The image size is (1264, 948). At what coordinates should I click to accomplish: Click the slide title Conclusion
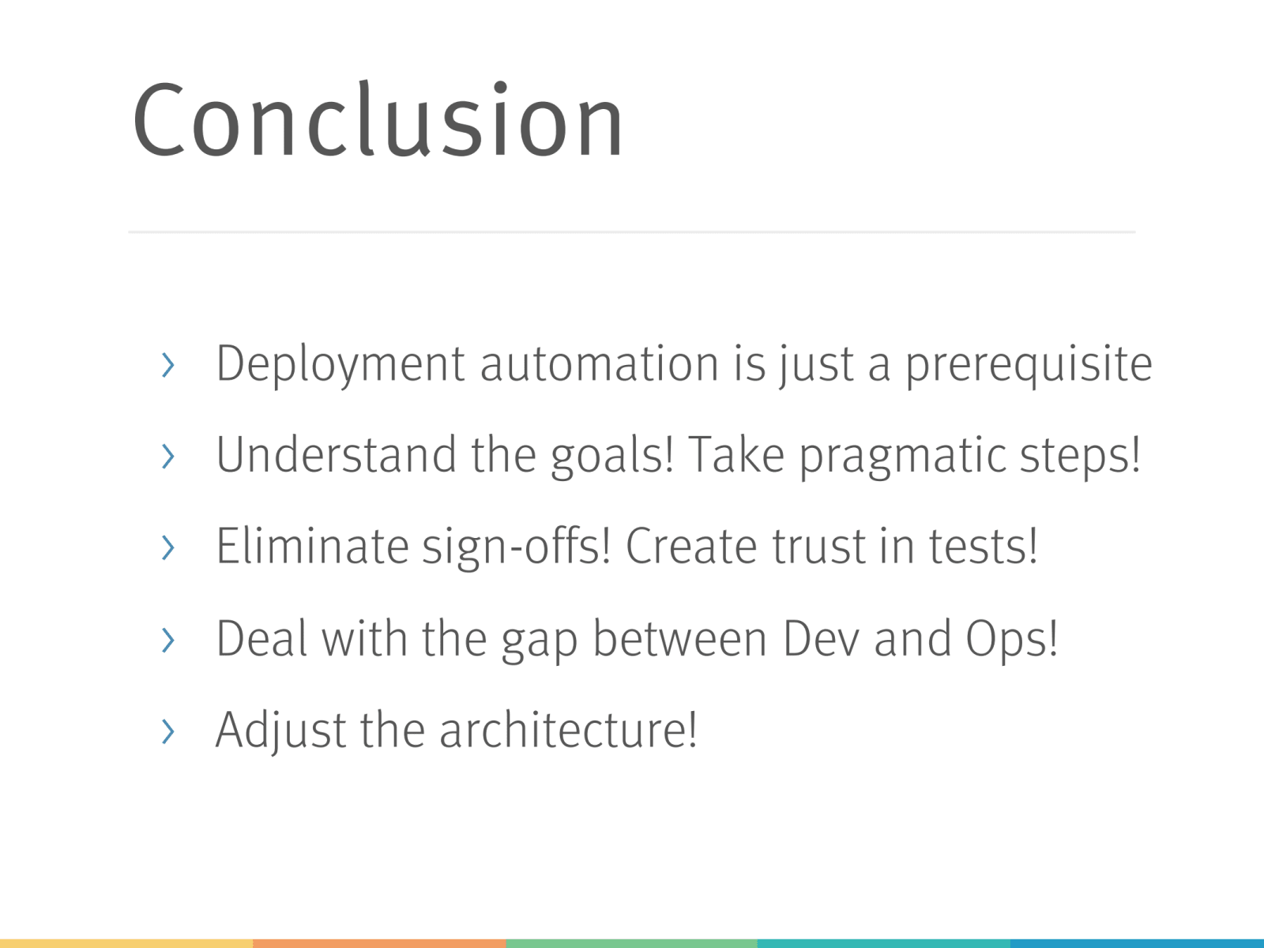pos(378,120)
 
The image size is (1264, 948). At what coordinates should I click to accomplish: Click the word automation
pos(600,363)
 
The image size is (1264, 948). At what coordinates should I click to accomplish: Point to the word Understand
pos(337,455)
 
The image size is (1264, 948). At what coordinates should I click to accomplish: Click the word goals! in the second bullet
pos(611,457)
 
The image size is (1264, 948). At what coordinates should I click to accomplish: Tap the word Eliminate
pos(312,546)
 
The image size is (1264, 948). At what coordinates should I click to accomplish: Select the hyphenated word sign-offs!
pos(516,547)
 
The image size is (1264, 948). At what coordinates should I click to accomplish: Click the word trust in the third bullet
pos(818,547)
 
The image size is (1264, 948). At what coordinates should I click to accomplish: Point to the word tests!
pos(983,546)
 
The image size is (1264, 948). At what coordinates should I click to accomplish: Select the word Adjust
pos(281,731)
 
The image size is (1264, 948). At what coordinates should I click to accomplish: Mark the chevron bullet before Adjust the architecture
pos(168,731)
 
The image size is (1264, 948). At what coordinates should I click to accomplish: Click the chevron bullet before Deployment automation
pos(168,365)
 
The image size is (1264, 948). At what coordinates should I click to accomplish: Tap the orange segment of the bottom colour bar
pos(379,943)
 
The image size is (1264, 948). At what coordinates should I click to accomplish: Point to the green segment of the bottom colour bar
pos(632,943)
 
